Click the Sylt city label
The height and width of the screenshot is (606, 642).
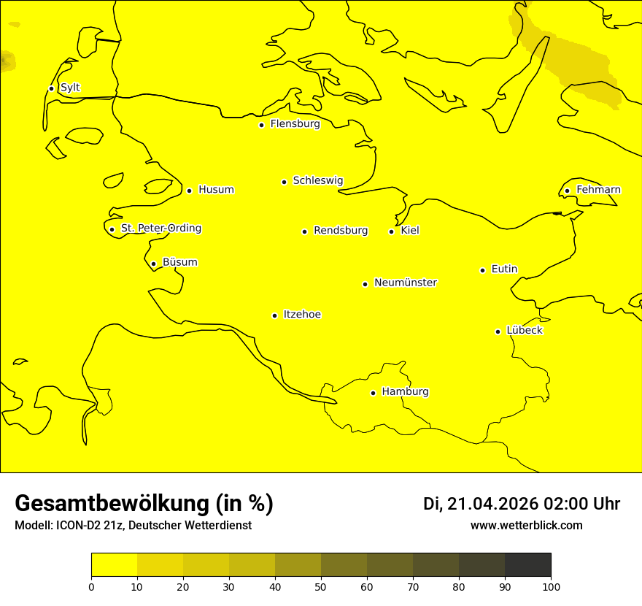click(x=70, y=88)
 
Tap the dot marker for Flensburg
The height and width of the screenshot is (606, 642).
click(x=261, y=125)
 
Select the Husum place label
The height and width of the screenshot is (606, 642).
click(x=216, y=190)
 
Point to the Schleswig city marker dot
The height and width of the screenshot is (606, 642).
click(x=284, y=182)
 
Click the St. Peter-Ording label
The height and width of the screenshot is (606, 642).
click(x=161, y=229)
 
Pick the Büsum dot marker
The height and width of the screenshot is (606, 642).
click(x=153, y=264)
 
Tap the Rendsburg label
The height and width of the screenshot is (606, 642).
click(x=341, y=231)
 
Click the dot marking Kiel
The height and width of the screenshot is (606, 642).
click(x=391, y=231)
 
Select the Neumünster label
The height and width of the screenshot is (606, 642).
click(x=406, y=283)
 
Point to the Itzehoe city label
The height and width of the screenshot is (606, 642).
click(x=302, y=315)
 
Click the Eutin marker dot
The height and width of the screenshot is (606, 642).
click(x=482, y=270)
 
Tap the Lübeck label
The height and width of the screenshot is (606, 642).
click(x=525, y=330)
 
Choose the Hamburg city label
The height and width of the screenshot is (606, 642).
click(x=406, y=392)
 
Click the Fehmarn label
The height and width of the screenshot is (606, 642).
click(x=598, y=190)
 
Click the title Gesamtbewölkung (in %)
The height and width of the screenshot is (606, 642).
click(x=144, y=504)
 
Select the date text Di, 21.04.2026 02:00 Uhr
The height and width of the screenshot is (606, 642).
click(x=522, y=504)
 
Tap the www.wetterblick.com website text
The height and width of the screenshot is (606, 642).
click(x=527, y=526)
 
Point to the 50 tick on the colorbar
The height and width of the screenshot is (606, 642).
click(x=321, y=586)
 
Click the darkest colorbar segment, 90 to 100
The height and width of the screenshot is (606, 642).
click(x=527, y=564)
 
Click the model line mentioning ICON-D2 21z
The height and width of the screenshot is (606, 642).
click(x=133, y=526)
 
